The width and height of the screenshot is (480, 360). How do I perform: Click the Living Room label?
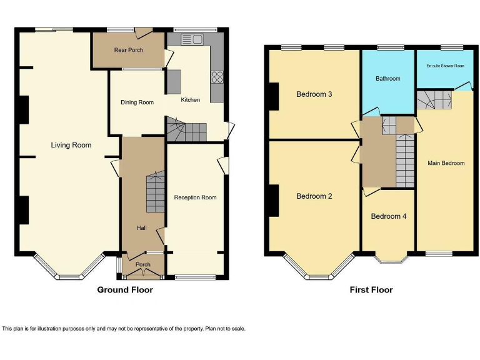tap(71, 145)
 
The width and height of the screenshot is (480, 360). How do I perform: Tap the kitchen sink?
tap(192, 40)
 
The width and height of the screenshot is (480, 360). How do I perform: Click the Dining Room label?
tap(137, 102)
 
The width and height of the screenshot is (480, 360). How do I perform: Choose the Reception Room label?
tap(195, 197)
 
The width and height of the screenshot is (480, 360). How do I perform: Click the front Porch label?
tap(143, 265)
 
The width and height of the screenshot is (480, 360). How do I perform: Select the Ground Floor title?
tap(125, 290)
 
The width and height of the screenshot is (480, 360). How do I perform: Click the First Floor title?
tap(371, 290)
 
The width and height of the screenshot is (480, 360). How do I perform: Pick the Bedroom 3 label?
tap(314, 94)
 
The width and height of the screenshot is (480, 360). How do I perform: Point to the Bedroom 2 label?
tap(314, 196)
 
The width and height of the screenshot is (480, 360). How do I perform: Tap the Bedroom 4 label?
tap(389, 216)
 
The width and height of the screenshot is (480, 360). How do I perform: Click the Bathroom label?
tap(387, 79)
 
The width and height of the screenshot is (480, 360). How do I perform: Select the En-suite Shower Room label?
tap(445, 66)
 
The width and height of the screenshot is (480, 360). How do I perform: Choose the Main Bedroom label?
tap(446, 163)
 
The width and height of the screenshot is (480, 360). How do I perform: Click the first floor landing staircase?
tap(405, 160)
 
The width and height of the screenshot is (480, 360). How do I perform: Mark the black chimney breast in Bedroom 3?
tap(273, 96)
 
